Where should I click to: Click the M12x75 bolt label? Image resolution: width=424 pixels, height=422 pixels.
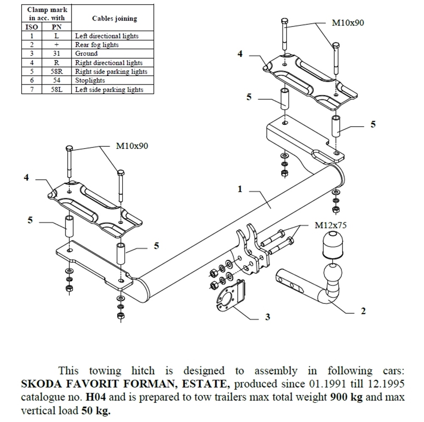[x=330, y=225]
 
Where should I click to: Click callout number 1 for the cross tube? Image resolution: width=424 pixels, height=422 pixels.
[x=240, y=189]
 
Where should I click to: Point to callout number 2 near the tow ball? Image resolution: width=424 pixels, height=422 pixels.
[x=363, y=311]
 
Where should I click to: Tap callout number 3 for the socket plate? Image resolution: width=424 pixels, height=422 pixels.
[x=267, y=317]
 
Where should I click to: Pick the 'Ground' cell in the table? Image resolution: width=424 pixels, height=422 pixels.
[x=86, y=54]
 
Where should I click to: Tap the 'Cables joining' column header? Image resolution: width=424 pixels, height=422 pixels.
[x=114, y=19]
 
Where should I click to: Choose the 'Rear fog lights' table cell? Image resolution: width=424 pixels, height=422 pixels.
[x=97, y=45]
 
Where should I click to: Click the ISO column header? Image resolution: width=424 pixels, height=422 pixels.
[x=32, y=27]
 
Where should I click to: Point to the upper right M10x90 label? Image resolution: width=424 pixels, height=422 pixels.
[x=347, y=23]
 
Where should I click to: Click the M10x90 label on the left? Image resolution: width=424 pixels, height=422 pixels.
[x=132, y=146]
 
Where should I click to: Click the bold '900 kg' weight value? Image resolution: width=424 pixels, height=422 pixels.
[x=344, y=397]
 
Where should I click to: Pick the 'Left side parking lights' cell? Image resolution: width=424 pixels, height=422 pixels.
[x=109, y=89]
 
